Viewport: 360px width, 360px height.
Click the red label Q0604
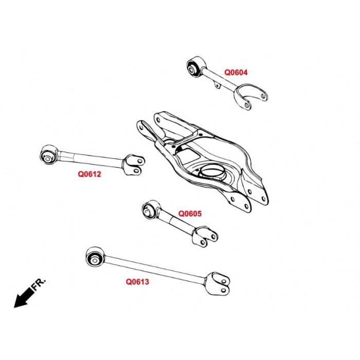click(236, 73)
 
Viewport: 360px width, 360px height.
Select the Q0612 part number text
click(89, 174)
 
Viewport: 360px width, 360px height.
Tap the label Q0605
click(190, 213)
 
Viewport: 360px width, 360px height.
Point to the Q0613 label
click(137, 282)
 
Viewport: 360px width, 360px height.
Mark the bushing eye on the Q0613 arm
click(95, 256)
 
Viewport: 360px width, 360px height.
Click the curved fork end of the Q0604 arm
click(251, 98)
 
